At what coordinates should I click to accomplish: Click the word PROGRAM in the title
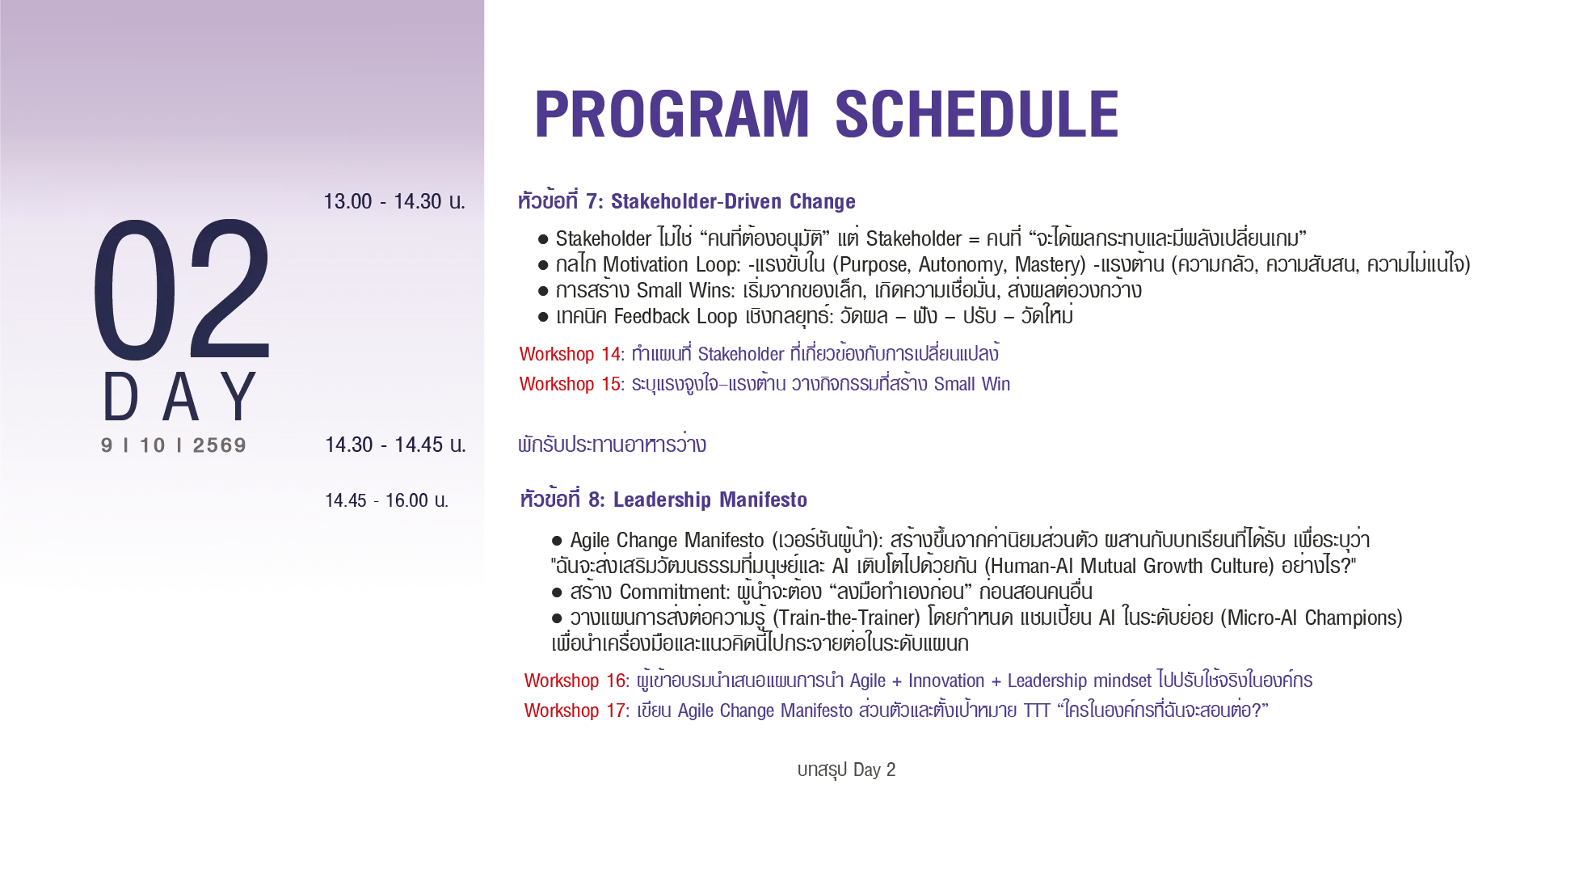click(x=672, y=114)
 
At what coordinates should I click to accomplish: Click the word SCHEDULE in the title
click(x=977, y=114)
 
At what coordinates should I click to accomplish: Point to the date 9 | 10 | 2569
click(x=174, y=445)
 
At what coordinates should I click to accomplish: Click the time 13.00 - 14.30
click(x=394, y=201)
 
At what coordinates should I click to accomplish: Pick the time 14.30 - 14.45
click(x=395, y=445)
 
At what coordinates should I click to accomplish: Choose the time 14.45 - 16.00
click(x=386, y=500)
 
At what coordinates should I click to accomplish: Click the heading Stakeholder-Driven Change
click(x=733, y=201)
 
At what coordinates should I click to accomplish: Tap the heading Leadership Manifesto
click(x=710, y=500)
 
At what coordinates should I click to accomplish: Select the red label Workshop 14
click(x=571, y=354)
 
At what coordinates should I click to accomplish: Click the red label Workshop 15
click(x=571, y=384)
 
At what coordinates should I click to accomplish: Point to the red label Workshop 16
click(x=575, y=681)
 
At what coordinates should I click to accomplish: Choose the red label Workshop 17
click(x=575, y=710)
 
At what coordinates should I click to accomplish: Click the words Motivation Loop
click(x=670, y=264)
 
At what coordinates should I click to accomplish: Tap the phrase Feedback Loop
click(x=676, y=316)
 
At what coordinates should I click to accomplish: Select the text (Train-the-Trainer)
click(x=846, y=618)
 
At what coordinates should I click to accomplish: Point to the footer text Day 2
click(x=874, y=769)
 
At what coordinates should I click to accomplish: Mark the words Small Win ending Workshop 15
click(x=972, y=384)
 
